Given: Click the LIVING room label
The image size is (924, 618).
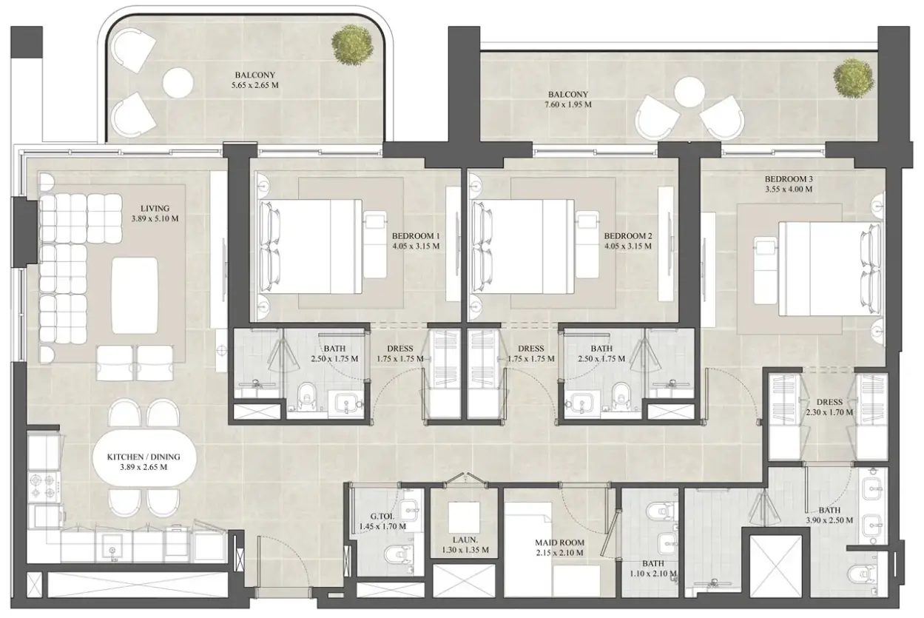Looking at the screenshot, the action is click(155, 208).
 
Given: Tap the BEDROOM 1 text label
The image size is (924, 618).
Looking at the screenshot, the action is click(416, 236).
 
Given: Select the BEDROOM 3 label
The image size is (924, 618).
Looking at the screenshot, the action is click(789, 179).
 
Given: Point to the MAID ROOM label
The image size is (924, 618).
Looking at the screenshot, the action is click(560, 543).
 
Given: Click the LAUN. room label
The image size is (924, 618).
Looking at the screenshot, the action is click(465, 540).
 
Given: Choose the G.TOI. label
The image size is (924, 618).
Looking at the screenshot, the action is click(382, 516).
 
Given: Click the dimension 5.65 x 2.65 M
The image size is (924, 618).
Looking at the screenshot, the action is click(255, 85).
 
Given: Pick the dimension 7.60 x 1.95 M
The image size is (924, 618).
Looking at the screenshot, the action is click(568, 105).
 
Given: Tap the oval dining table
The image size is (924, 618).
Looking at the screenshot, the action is click(145, 463).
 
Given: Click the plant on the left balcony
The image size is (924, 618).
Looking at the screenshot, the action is click(353, 45).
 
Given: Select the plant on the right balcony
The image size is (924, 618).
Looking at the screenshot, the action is click(854, 78).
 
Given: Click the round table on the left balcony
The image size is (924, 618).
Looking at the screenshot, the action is click(178, 83).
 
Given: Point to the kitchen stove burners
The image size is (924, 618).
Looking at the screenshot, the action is click(44, 486).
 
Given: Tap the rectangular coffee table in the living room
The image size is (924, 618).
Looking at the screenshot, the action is click(135, 296).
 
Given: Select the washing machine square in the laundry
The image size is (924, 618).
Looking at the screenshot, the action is click(464, 517).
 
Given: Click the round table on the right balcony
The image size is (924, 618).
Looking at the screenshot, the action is click(689, 93).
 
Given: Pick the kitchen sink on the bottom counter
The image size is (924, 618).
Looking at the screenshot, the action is click(112, 548).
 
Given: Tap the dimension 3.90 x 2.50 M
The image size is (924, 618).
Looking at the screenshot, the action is click(829, 520).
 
